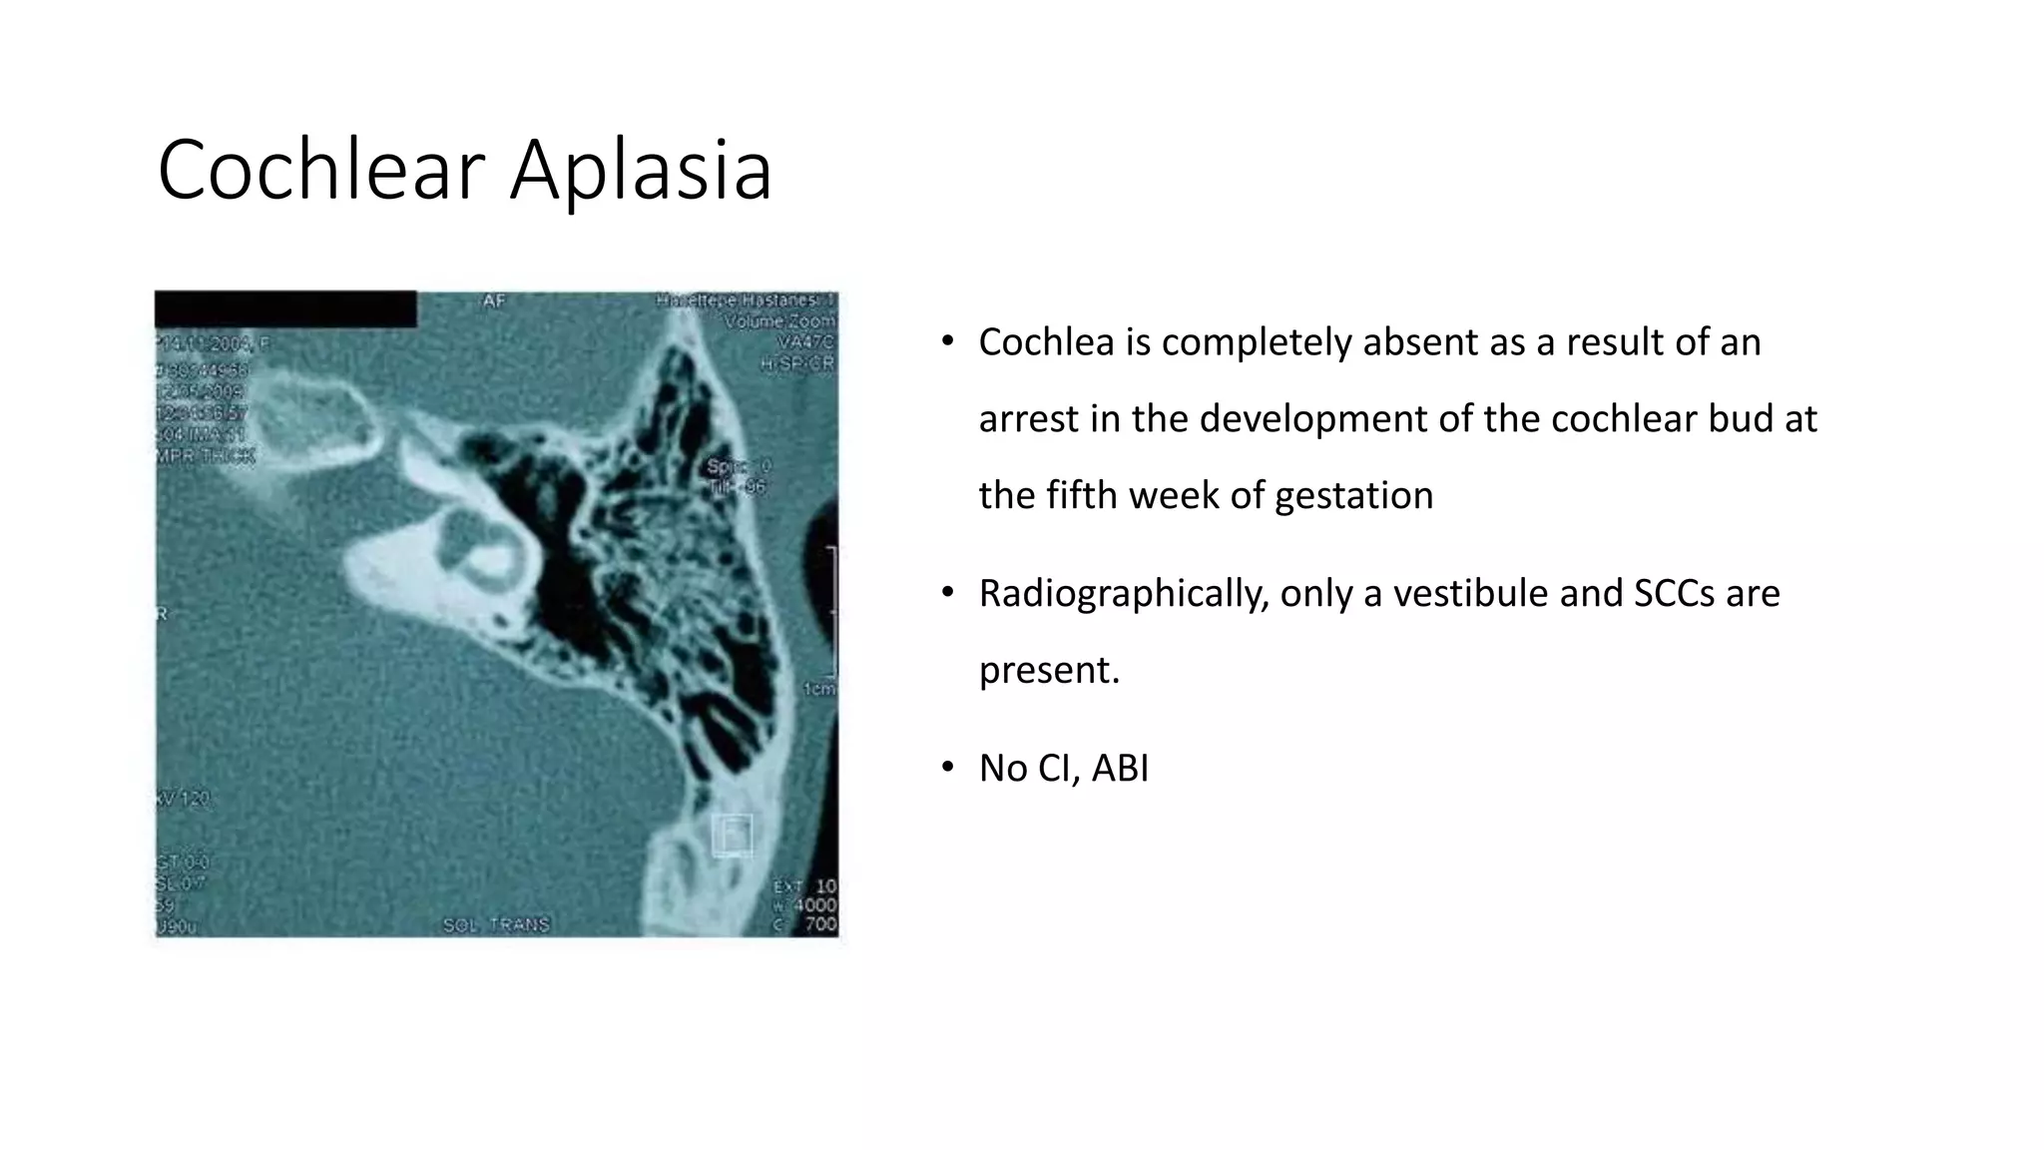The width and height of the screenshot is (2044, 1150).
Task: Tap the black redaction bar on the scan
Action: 285,309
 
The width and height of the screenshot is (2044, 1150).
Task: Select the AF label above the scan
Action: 494,300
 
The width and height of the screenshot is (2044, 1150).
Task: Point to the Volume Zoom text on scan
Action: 779,321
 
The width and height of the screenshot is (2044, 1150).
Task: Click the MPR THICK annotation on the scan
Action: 206,456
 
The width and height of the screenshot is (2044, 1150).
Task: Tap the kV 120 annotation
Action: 184,800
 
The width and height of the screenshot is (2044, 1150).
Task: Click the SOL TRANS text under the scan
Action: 496,924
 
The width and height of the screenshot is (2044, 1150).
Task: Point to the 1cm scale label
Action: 819,690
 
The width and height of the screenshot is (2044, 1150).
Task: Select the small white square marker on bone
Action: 732,835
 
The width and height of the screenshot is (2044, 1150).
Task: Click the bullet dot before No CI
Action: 948,768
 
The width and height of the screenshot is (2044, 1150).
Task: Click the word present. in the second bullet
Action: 1049,670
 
